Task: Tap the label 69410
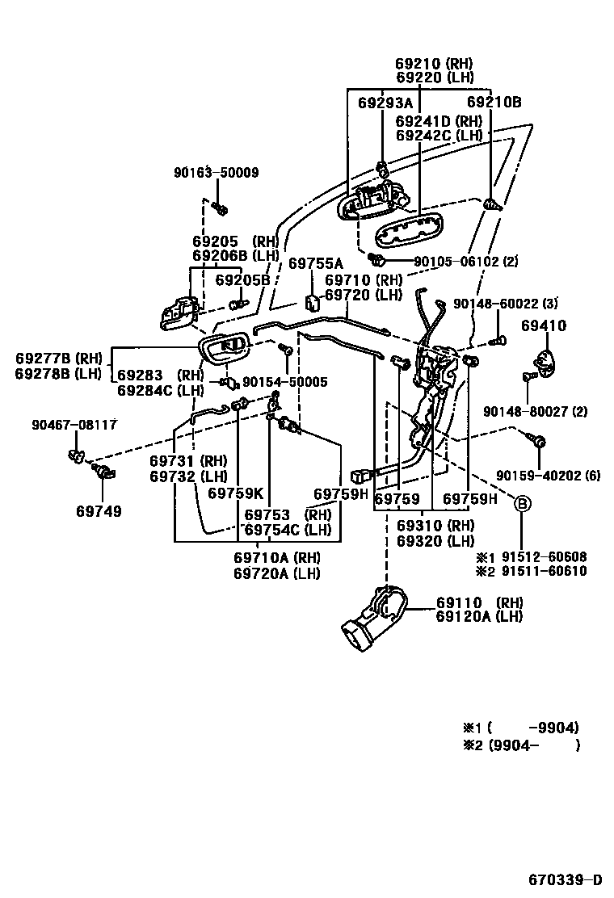(544, 326)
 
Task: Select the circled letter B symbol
(522, 504)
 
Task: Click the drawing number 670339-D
(566, 879)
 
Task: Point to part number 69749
(99, 511)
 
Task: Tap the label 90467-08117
(75, 425)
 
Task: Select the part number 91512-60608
(544, 557)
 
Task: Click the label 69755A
(316, 263)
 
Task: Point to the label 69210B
(494, 103)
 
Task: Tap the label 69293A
(385, 103)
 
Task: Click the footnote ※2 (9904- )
(521, 746)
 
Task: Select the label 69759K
(235, 493)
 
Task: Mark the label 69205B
(242, 279)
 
